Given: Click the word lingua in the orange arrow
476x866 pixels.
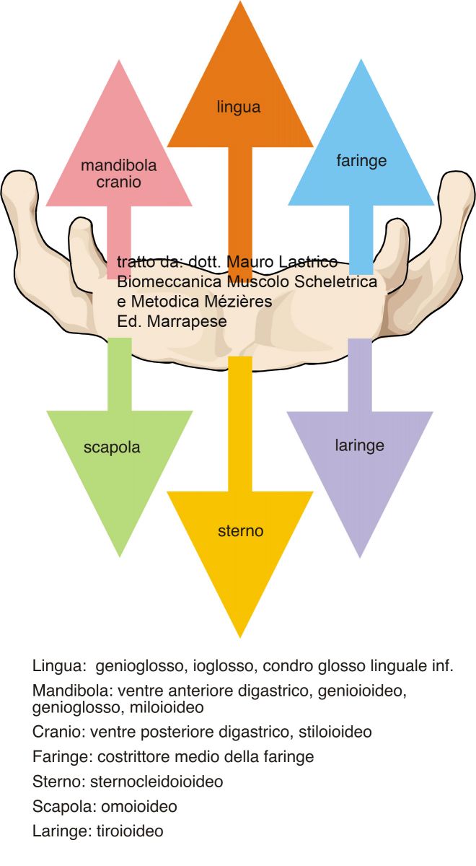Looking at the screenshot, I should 238,108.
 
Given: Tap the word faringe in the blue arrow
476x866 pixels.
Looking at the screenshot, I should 361,160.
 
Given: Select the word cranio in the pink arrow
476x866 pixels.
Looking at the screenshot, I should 119,182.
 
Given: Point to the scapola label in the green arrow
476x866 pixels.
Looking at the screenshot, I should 112,447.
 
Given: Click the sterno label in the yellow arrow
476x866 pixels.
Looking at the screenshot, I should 240,532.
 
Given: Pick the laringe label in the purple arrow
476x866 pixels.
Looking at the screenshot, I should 359,445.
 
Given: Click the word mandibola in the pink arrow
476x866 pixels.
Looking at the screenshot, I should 119,166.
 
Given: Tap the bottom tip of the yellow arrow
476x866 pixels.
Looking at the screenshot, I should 239,637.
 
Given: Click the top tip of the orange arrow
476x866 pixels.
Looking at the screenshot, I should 239,3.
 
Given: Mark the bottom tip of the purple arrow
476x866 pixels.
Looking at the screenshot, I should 360,556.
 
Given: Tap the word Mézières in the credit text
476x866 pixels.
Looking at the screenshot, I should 235,302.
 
